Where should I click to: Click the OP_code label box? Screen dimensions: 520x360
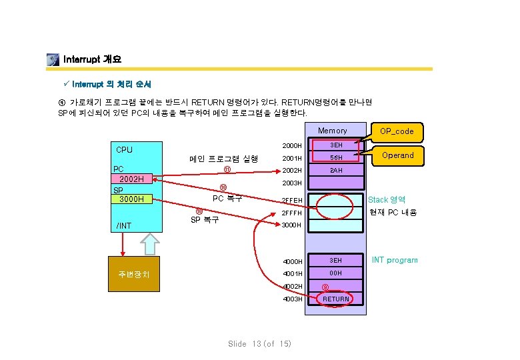coord(397,131)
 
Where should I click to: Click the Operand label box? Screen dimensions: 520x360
coord(397,155)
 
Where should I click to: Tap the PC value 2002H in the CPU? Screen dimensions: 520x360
coord(132,179)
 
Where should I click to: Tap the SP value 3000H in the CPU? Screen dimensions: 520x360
coord(132,199)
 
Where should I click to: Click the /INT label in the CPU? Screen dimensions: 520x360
coord(123,226)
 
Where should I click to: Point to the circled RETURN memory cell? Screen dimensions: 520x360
coord(335,299)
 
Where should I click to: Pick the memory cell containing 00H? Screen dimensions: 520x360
coord(335,273)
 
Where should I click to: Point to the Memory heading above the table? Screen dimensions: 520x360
coord(332,131)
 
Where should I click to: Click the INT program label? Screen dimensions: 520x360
coord(395,260)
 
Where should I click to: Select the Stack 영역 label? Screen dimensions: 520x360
coord(387,199)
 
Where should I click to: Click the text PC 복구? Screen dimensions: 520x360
coord(227,198)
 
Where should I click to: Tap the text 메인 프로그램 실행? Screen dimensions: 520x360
coord(223,159)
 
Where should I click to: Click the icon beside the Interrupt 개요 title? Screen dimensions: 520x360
coord(53,60)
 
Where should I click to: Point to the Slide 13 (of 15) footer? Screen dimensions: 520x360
coord(260,343)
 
